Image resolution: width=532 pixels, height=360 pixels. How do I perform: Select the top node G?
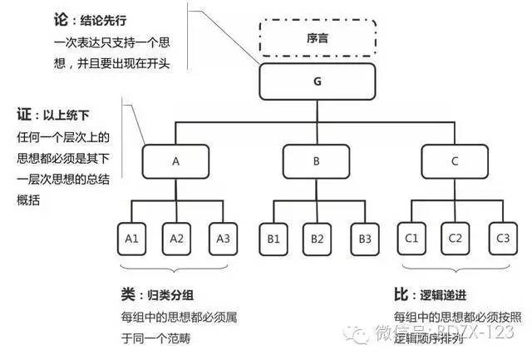click(318, 82)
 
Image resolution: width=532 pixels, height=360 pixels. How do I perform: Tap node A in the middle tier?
click(175, 162)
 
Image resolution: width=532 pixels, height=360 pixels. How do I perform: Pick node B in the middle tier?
click(316, 162)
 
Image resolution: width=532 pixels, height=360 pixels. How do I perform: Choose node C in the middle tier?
click(455, 162)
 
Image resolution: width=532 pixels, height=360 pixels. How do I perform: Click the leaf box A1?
click(131, 238)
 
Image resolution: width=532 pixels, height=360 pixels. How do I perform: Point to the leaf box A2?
click(176, 238)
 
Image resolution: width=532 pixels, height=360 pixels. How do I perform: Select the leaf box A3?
click(223, 238)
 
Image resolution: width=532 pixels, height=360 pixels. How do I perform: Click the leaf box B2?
click(317, 238)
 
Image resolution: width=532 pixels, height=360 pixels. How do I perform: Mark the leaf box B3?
click(362, 238)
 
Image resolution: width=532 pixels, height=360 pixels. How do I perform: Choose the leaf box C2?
click(455, 238)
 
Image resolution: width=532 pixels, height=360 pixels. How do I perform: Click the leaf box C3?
click(501, 238)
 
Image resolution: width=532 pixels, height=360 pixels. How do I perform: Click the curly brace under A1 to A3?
click(176, 268)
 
